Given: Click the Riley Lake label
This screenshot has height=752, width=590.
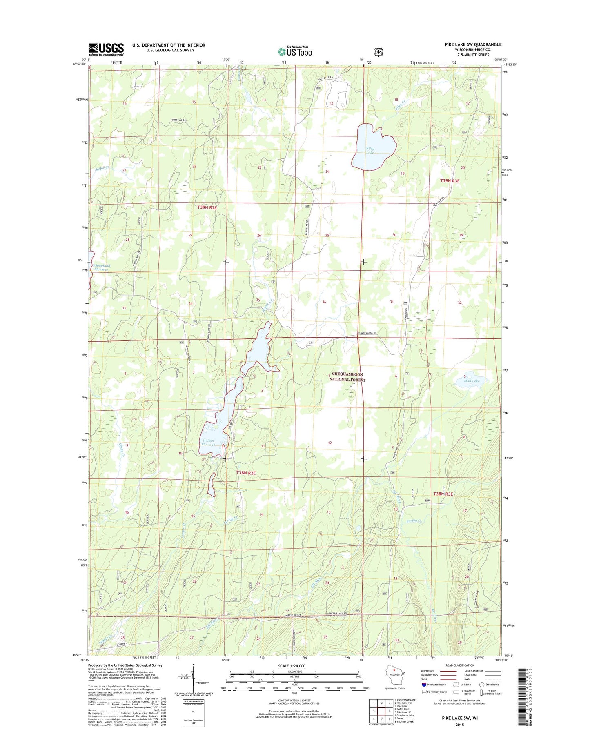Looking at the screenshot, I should click(370, 150).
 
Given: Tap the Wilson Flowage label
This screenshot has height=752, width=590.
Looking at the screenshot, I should click(208, 443).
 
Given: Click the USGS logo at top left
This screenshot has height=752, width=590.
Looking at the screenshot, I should click(106, 49).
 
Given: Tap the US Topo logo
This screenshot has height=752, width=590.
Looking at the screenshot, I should click(295, 51).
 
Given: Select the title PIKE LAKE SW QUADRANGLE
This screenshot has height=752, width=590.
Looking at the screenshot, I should click(473, 44).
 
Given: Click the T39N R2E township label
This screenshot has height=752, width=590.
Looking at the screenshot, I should click(207, 207).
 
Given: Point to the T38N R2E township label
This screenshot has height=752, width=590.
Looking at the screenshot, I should click(246, 473).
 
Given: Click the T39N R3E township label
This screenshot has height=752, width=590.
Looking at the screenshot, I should click(450, 180).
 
